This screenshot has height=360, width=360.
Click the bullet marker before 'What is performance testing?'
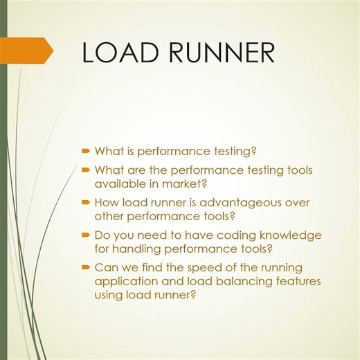pyautogui.click(x=86, y=150)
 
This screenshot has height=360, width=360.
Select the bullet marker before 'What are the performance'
pyautogui.click(x=86, y=170)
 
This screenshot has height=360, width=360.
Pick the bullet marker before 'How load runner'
pyautogui.click(x=86, y=203)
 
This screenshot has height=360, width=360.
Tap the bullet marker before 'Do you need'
pyautogui.click(x=86, y=235)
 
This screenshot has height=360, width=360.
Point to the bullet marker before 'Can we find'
pyautogui.click(x=86, y=268)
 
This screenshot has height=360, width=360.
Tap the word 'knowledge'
pyautogui.click(x=291, y=235)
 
